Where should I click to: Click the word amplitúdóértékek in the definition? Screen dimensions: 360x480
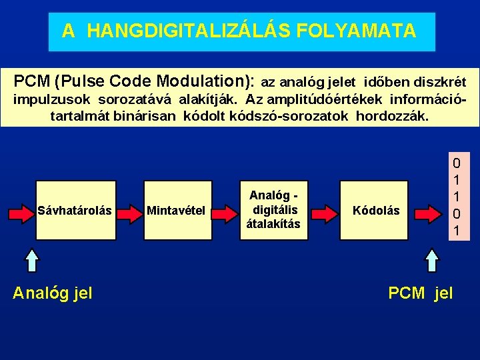333,100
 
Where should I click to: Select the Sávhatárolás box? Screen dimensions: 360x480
75,211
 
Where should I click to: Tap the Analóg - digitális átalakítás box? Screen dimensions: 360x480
273,210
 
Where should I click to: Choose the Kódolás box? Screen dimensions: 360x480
376,211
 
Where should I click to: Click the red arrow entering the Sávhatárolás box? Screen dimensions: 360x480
19,213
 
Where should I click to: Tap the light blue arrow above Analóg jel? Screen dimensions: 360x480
33,261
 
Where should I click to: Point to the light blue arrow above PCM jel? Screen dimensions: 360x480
433,261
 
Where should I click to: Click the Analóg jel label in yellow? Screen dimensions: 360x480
53,292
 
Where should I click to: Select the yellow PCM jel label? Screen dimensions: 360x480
420,292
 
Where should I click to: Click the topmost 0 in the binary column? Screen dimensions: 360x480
456,163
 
